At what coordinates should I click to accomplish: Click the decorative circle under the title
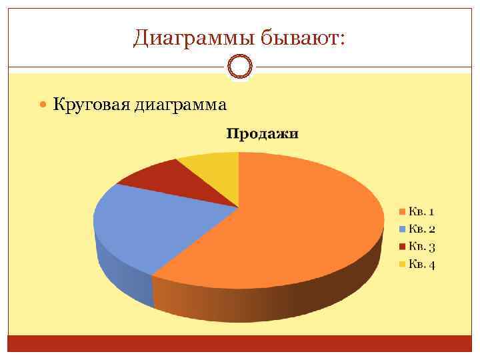click(240, 67)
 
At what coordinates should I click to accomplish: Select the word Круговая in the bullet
click(91, 105)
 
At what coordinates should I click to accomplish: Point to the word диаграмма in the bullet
click(181, 105)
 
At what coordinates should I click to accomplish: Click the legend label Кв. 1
click(422, 212)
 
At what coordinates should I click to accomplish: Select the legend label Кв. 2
click(422, 229)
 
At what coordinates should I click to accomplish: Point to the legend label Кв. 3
click(422, 247)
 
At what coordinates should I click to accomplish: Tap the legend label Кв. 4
click(422, 265)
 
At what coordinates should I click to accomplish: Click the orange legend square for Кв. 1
click(402, 213)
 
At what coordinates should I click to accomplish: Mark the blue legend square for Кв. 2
click(402, 230)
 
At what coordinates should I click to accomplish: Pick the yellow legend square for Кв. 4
click(402, 265)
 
